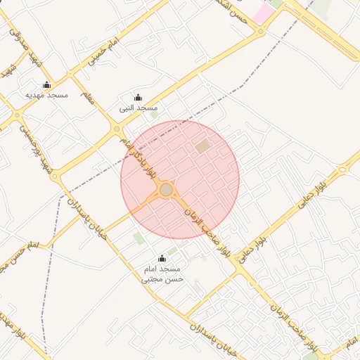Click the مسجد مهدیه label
(46, 94)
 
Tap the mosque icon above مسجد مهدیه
(46, 85)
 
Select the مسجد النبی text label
(139, 108)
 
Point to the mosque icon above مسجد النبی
(138, 98)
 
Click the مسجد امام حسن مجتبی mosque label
(162, 274)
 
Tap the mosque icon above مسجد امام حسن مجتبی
(162, 259)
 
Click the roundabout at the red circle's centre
(166, 191)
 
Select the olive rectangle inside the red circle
(202, 147)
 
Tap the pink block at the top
(264, 13)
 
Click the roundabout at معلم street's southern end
(117, 129)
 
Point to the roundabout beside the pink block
(262, 32)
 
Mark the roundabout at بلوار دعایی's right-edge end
(343, 169)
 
